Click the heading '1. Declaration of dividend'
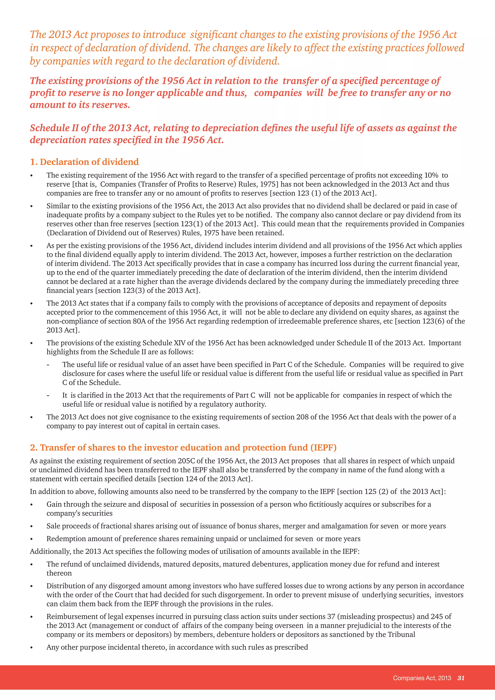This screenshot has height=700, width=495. [84, 162]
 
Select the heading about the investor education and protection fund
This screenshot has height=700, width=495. [183, 448]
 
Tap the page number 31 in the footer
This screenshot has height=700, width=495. [461, 678]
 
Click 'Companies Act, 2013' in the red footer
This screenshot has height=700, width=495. [422, 678]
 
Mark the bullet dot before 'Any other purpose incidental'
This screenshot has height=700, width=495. [31, 648]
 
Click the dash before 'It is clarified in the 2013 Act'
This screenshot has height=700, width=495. [48, 396]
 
